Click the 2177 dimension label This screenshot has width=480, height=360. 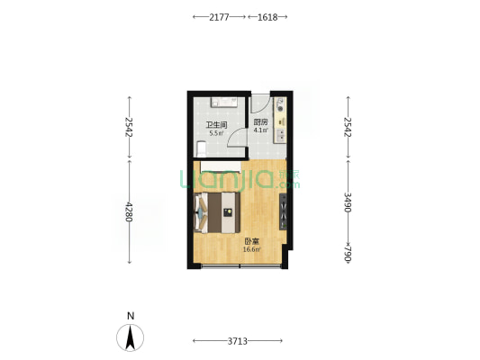coord(219,17)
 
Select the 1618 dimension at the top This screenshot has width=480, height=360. coord(267,17)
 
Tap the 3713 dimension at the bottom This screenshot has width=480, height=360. coord(237,341)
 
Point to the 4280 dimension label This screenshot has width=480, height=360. coord(129,211)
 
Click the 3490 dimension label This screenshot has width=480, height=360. coord(348,202)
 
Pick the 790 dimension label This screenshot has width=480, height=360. coord(348,254)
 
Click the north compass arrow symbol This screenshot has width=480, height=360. coord(130,337)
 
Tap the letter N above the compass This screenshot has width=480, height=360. coord(131,316)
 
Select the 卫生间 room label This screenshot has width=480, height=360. coord(216,125)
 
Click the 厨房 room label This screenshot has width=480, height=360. coord(261,122)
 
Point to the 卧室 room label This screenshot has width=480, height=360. coord(251,241)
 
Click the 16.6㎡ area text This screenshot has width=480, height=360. coord(251,249)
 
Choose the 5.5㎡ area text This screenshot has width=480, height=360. coord(216,133)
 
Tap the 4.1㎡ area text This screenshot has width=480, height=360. coord(261,130)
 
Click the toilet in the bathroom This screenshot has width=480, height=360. coord(201,148)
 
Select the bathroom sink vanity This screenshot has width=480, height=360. coord(223,102)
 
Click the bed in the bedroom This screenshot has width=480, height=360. coord(217,212)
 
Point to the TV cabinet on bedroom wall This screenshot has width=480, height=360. coord(283,211)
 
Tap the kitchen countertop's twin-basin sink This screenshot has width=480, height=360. coord(281,136)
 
